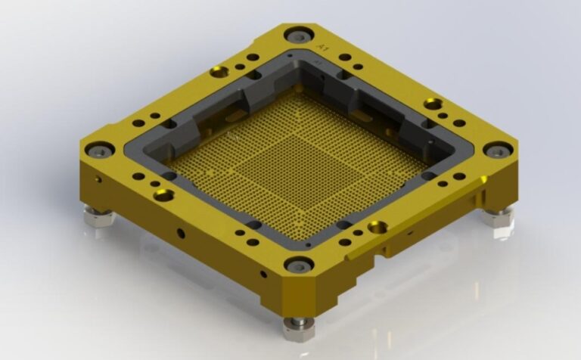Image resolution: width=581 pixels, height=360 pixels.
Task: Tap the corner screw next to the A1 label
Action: pos(297,35)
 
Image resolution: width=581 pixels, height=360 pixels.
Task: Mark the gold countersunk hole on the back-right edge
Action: pos(433,104)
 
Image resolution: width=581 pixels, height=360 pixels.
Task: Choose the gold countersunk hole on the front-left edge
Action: pos(163,195)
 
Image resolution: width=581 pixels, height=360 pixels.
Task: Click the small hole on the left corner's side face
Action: pos(98,181)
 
